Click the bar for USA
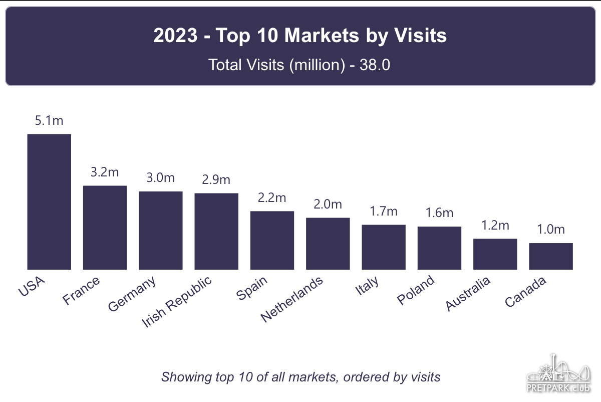coord(49,202)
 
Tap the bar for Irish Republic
coord(216,231)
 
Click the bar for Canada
coord(551,256)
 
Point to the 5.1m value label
coord(49,121)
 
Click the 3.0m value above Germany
coord(161,178)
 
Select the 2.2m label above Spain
coord(272,197)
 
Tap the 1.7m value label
coord(384,212)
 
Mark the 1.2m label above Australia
coord(495,225)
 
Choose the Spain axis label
coord(252,288)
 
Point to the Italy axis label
coord(367,286)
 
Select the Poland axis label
coord(416,290)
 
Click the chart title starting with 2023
coord(300,36)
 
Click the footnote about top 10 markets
coord(300,377)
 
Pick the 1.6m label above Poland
coord(439,213)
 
